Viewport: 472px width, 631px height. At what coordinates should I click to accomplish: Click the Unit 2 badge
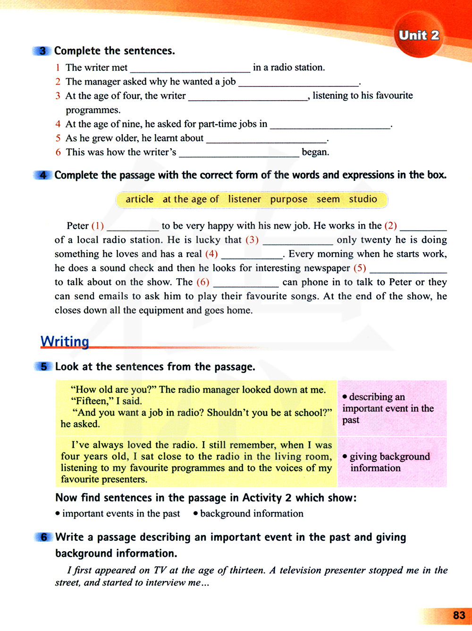419,35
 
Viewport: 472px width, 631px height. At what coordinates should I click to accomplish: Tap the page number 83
459,615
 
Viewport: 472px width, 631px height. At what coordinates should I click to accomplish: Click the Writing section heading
65,341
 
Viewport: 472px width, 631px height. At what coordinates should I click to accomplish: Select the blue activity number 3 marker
43,51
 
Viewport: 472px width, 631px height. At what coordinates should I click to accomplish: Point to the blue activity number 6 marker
43,537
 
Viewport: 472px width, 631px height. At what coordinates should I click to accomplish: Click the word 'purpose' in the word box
288,199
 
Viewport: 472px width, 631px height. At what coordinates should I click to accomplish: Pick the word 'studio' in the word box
363,199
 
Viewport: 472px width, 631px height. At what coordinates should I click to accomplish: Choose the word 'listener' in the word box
244,199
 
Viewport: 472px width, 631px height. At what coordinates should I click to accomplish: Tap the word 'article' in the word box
139,199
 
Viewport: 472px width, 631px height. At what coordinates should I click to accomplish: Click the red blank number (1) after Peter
97,226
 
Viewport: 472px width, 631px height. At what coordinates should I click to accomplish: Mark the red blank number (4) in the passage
211,254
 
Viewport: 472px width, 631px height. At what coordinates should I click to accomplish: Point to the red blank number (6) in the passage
202,282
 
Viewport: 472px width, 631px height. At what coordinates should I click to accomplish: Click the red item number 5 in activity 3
58,138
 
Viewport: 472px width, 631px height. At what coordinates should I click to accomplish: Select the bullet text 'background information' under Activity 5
252,513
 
